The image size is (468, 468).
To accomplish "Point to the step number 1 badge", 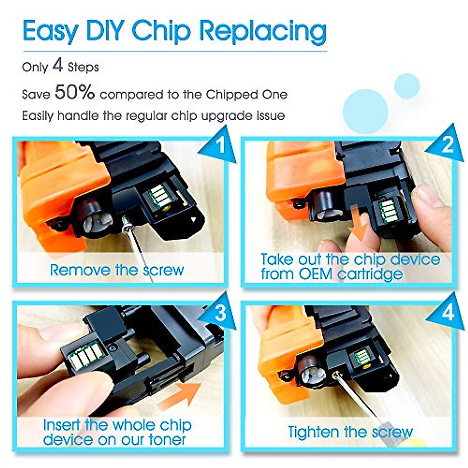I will (220, 145).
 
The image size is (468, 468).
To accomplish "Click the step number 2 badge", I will (447, 145).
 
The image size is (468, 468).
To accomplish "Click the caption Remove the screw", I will (117, 270).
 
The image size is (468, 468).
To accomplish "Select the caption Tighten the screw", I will (350, 432).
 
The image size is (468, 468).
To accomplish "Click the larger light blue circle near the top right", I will (365, 111).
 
